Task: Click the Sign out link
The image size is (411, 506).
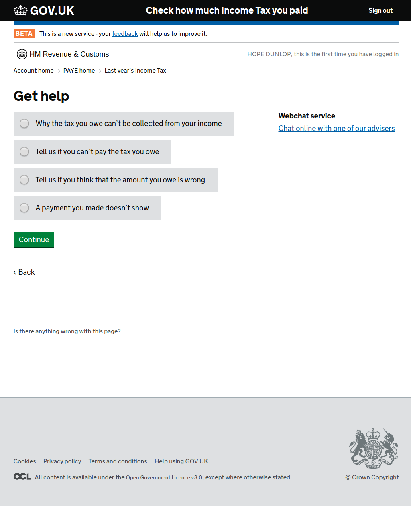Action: (380, 11)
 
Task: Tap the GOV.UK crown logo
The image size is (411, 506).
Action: (20, 10)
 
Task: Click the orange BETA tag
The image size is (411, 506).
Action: (24, 34)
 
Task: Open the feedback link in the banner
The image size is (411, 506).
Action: (125, 34)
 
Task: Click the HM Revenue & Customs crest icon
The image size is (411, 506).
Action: (22, 54)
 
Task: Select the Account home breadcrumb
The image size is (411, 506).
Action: (33, 71)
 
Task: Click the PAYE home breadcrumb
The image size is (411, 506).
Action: (79, 71)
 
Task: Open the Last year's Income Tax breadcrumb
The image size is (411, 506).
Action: (135, 71)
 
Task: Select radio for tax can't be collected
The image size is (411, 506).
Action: (24, 124)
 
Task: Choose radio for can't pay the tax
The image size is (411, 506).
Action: (24, 152)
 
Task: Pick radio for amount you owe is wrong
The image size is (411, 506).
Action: (24, 180)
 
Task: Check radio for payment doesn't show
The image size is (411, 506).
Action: (24, 208)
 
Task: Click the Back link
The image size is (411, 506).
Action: (24, 272)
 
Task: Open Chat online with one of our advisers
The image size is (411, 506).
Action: (336, 129)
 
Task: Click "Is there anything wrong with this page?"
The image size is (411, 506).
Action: (67, 331)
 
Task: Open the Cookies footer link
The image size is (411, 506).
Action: (24, 461)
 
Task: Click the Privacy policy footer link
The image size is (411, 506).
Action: (62, 461)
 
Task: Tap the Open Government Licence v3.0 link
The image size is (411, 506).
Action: (164, 478)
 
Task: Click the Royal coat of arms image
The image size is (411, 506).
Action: (373, 448)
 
